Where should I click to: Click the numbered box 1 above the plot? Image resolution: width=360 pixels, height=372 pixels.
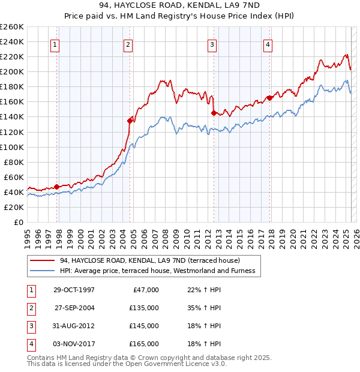tap(55, 44)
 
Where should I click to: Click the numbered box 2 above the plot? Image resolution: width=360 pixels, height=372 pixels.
tap(128, 44)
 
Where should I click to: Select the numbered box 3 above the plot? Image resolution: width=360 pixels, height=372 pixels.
tap(212, 44)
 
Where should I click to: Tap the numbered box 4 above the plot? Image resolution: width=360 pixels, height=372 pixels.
tap(267, 44)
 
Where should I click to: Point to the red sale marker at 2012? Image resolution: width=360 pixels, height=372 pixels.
tap(214, 112)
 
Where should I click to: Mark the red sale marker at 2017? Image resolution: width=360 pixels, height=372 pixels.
tap(269, 98)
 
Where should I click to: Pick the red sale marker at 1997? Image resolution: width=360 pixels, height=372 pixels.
tap(57, 187)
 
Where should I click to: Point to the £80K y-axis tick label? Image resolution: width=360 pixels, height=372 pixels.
tap(13, 162)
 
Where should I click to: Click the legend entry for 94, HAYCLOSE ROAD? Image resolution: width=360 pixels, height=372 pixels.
tap(149, 260)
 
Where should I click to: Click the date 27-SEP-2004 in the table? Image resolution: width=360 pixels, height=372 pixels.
tap(74, 308)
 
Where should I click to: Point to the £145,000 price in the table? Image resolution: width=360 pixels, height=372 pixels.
tap(144, 326)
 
